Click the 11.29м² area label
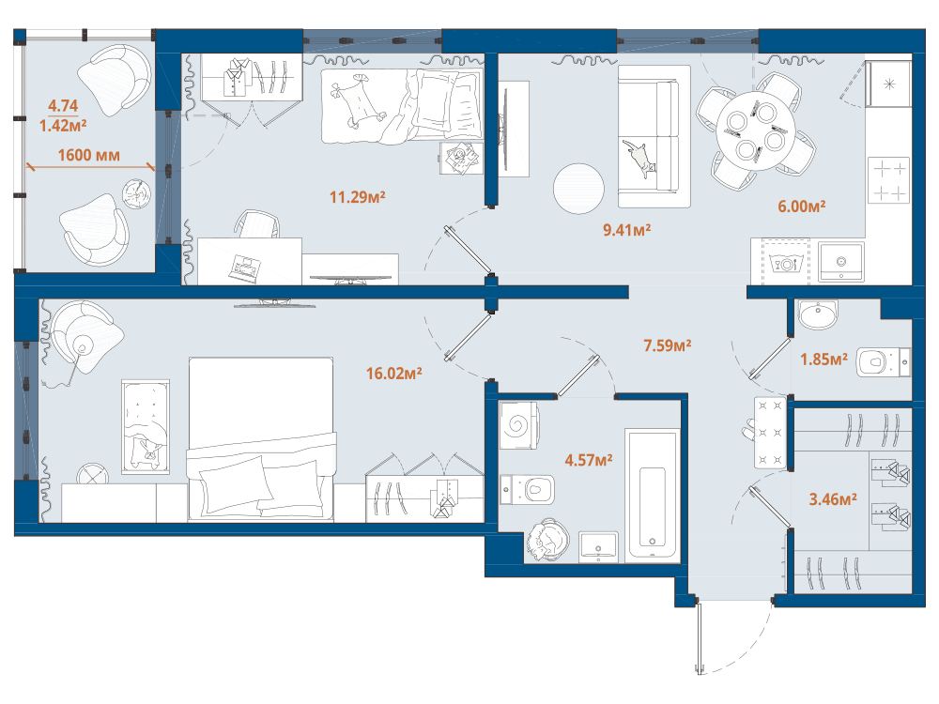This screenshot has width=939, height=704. pos(358,197)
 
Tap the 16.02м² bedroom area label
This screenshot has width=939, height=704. pos(394,374)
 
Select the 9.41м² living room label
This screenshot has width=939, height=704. pos(626,230)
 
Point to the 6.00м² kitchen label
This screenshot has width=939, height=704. pos(802,207)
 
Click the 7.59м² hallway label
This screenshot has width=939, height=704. pos(667,345)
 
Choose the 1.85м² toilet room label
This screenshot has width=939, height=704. pos(824,360)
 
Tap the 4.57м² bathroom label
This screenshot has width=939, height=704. pos(589,460)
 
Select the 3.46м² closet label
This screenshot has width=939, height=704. pos(833,499)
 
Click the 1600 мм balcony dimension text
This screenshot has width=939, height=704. pos(88,155)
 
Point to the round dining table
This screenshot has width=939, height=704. pos(755,131)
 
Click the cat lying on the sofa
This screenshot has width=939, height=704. pos(639,157)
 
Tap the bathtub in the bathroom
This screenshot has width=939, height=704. pos(653,495)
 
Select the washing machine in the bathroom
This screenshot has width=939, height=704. pos(518,425)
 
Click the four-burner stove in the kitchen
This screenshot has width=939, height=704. pos(888,179)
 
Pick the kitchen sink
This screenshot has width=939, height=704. pos(841,262)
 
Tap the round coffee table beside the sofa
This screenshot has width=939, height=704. pos(578,189)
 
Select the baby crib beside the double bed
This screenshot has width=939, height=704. pos(146,427)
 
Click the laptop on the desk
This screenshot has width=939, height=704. pos(244,268)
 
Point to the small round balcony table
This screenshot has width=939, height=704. pos(136,194)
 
